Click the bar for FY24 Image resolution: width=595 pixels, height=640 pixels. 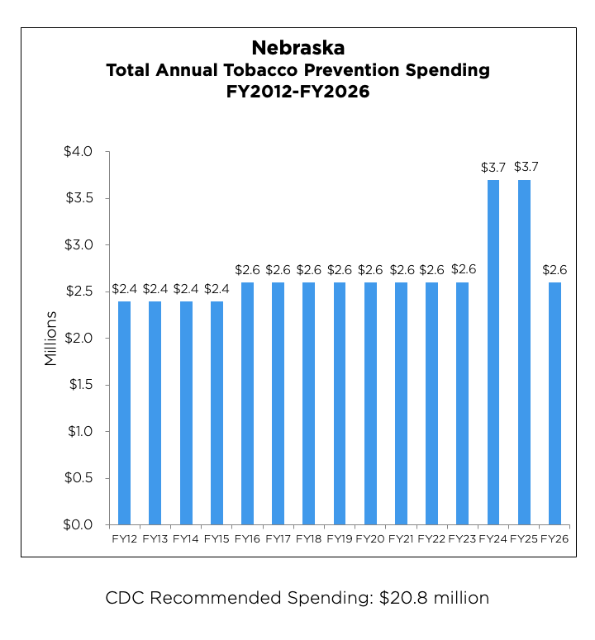493,352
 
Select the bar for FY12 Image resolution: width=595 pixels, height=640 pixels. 125,412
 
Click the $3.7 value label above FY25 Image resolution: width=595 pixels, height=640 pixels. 524,167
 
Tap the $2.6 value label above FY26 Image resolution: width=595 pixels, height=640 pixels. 555,270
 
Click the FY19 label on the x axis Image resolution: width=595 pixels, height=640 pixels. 340,539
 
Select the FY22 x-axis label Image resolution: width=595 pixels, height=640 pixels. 431,539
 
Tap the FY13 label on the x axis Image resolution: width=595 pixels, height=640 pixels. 155,539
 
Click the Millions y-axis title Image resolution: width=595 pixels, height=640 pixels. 51,339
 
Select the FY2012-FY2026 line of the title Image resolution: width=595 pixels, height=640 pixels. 297,93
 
